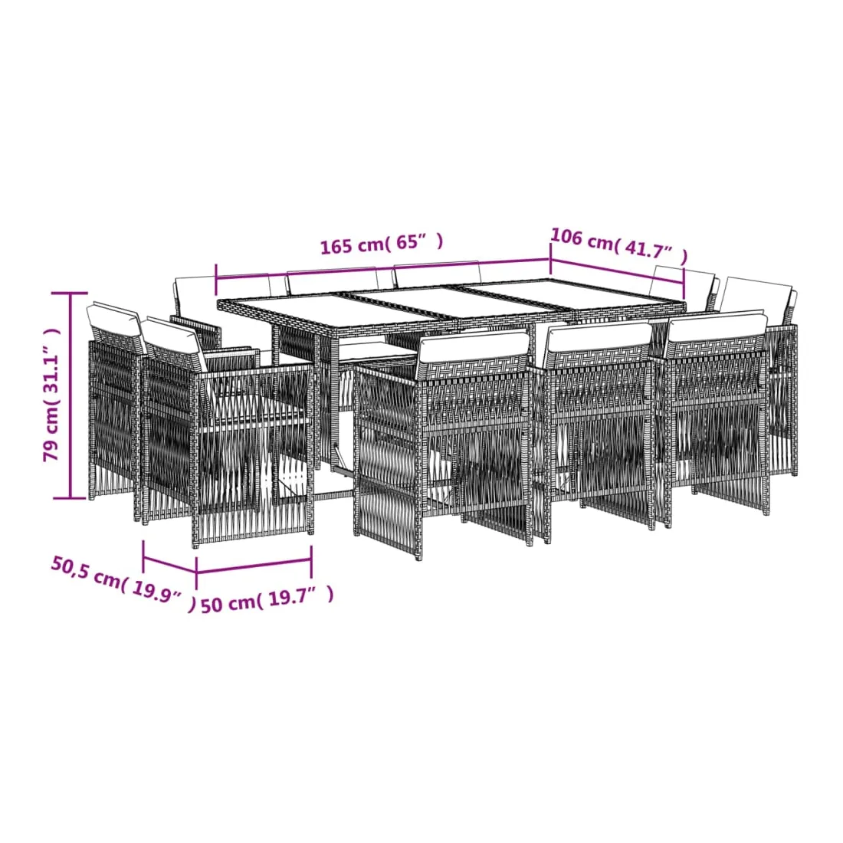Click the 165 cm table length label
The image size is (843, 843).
pos(382,243)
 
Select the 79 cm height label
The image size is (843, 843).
pos(52,395)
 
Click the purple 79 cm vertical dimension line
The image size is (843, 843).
pos(70,395)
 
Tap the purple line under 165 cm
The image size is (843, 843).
pos(382,269)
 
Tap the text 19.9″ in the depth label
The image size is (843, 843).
pos(156,592)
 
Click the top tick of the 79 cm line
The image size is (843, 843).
pos(70,294)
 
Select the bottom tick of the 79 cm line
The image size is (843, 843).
pos(70,498)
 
